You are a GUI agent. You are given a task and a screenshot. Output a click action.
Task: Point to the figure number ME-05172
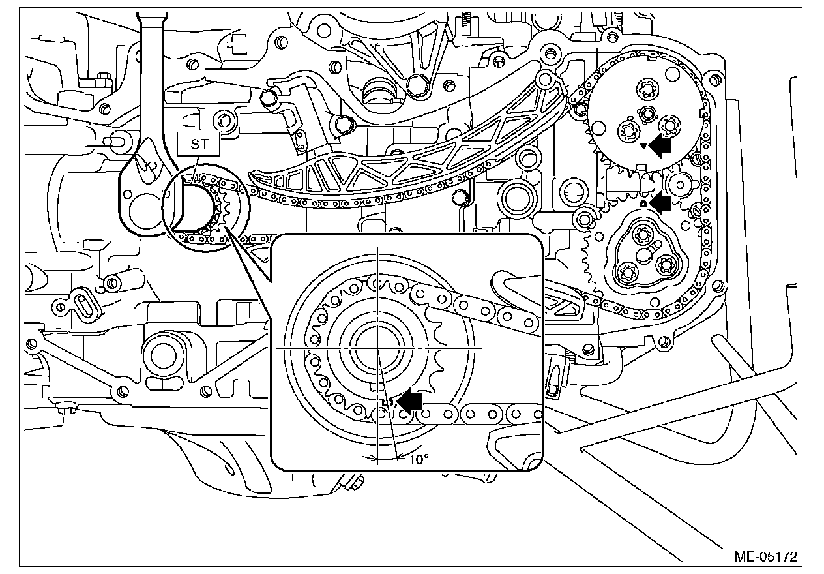click(765, 557)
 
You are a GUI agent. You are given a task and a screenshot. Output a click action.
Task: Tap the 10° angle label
click(419, 459)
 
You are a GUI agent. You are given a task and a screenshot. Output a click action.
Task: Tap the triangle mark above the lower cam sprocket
click(643, 204)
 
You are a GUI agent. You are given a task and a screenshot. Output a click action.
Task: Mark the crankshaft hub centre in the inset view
click(378, 349)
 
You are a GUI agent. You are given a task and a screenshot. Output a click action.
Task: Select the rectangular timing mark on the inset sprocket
click(386, 402)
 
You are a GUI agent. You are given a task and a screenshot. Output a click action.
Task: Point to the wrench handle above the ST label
click(152, 65)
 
